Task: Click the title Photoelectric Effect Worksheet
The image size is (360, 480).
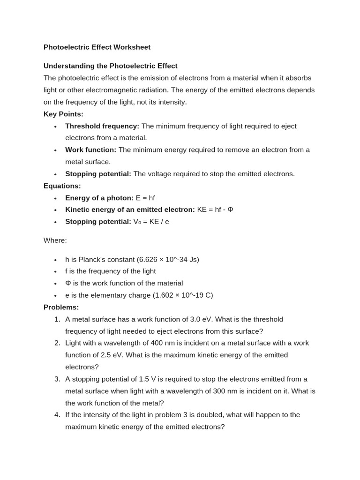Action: point(97,47)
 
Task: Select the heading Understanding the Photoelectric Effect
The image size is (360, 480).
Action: point(111,66)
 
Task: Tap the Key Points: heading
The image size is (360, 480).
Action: point(63,114)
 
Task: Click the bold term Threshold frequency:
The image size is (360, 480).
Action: point(102,126)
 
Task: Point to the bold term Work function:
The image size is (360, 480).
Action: point(91,150)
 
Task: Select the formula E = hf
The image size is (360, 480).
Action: point(145,198)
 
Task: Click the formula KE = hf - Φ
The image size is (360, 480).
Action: point(215,210)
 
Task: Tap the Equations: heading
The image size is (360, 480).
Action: point(62,186)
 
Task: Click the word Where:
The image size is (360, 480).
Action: point(55,240)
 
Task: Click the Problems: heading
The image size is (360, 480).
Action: point(61,307)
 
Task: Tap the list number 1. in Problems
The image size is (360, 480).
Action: point(57,319)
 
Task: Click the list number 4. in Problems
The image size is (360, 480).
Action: point(57,415)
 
